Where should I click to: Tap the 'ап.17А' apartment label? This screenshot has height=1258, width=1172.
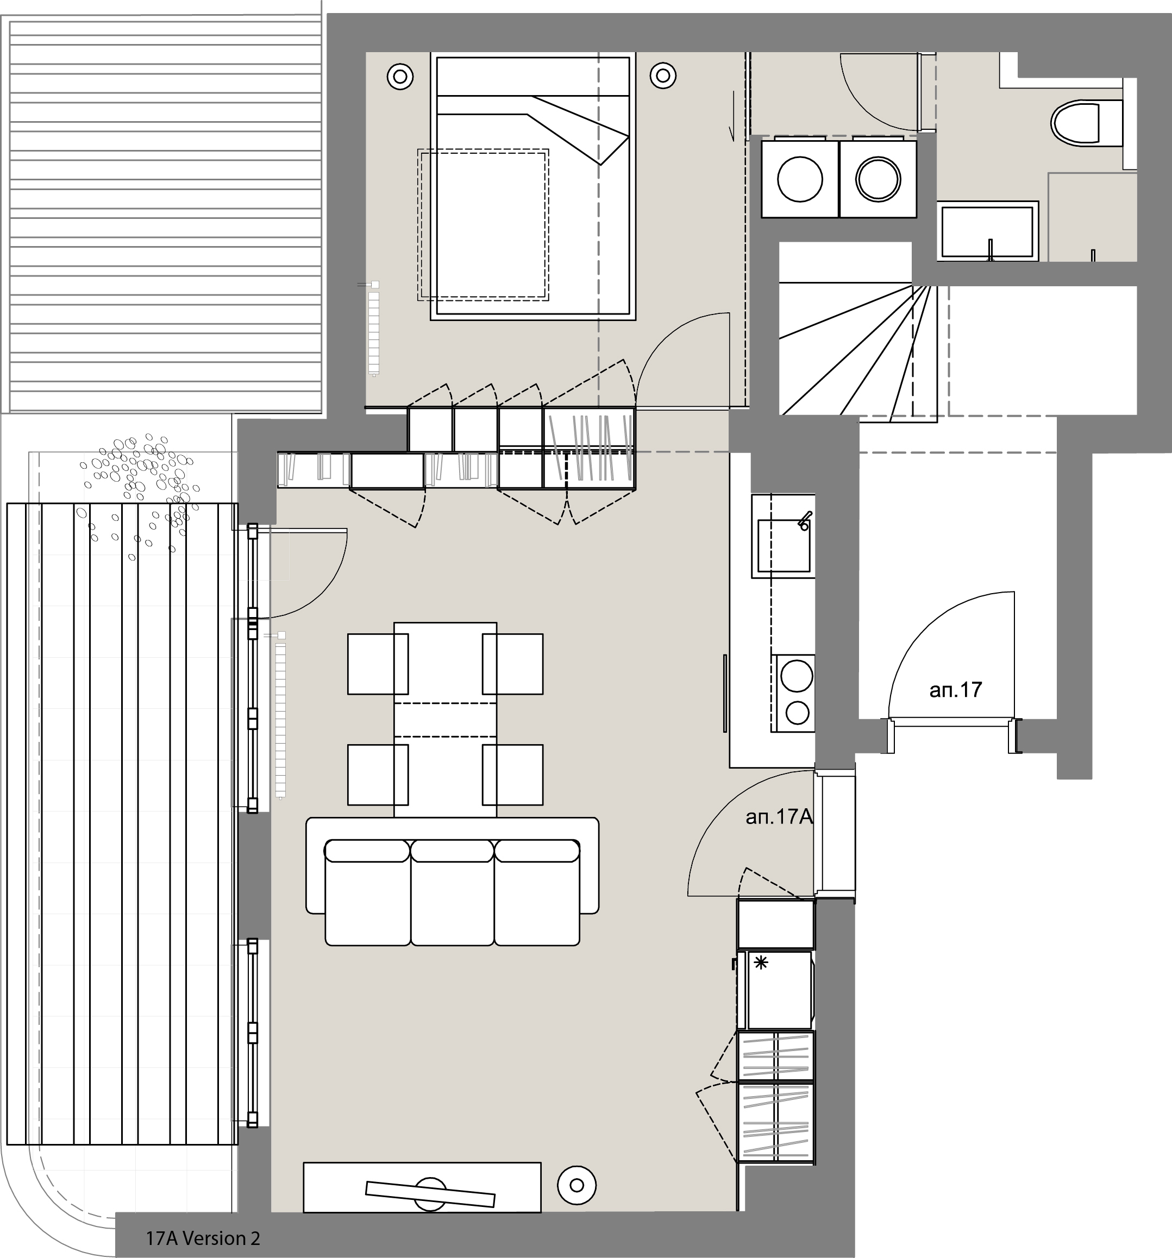[x=779, y=817]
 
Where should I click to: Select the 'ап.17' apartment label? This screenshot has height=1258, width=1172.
[x=956, y=690]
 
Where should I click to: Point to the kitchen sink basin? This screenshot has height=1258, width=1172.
[x=785, y=545]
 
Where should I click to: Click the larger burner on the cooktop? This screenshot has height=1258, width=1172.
[x=797, y=676]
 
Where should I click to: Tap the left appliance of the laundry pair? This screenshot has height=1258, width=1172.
[x=800, y=179]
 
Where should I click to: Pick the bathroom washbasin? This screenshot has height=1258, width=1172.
[x=988, y=231]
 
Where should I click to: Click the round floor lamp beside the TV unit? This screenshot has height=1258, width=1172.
[x=576, y=1185]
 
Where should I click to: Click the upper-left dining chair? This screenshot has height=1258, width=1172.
[x=378, y=664]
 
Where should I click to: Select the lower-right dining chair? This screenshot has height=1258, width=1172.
[x=512, y=775]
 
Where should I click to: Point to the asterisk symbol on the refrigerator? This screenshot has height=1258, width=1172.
[x=761, y=963]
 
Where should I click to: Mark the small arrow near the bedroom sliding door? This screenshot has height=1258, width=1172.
[x=732, y=116]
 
